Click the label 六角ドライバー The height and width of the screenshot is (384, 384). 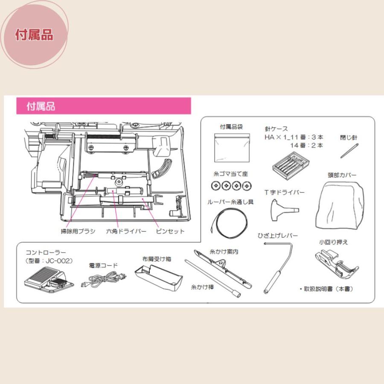[x=126, y=232]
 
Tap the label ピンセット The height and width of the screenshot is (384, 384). [x=170, y=232]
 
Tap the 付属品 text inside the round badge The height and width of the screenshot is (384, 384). [x=34, y=35]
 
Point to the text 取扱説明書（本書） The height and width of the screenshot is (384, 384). [x=327, y=289]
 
